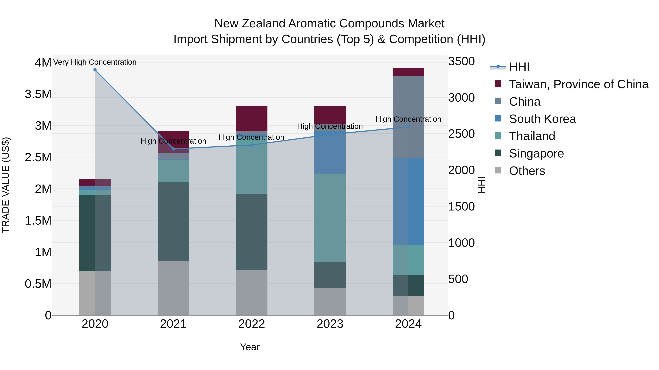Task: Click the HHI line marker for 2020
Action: [x=95, y=70]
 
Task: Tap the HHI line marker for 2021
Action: [x=173, y=149]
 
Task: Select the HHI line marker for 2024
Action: [x=408, y=127]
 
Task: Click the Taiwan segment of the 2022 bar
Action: [x=252, y=118]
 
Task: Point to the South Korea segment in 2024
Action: [x=408, y=202]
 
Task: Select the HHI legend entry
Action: [x=519, y=67]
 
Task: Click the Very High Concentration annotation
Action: [x=95, y=62]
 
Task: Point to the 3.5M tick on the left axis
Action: [x=38, y=94]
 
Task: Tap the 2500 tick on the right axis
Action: [x=461, y=134]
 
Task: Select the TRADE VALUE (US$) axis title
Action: [x=6, y=185]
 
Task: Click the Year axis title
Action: [x=250, y=347]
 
